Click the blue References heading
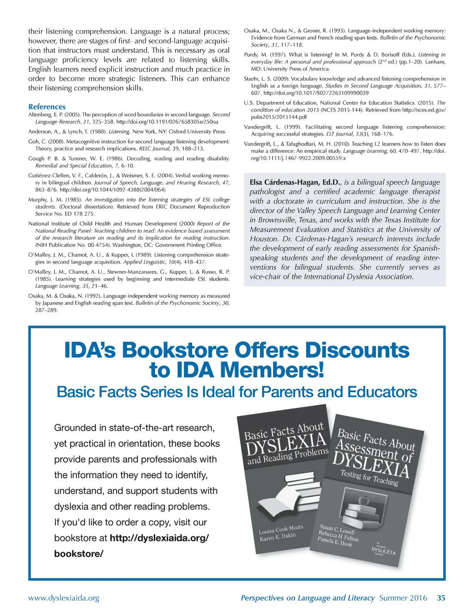(47, 107)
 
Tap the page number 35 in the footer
(441, 598)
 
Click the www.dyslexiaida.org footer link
(63, 598)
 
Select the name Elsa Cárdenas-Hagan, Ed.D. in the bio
(294, 182)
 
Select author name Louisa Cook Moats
(281, 529)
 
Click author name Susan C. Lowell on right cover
(337, 529)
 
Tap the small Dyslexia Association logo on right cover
(384, 550)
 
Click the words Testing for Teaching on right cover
(369, 478)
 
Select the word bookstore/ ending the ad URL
(79, 553)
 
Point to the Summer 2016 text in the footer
(403, 598)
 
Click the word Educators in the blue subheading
(382, 392)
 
